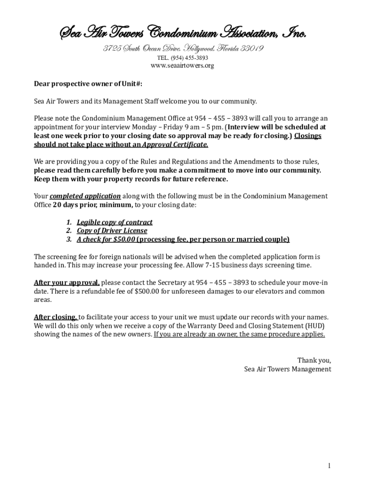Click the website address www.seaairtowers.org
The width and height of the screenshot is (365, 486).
(x=182, y=65)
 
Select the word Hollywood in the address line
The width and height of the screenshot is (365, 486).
(x=195, y=48)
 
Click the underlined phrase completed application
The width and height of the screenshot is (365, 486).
(x=85, y=196)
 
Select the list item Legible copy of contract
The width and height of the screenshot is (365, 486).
(x=115, y=222)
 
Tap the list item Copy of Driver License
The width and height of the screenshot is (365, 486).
(x=112, y=231)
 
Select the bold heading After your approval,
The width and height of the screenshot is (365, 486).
(x=66, y=283)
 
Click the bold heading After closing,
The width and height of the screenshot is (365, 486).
(x=55, y=317)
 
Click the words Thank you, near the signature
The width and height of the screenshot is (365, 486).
(x=314, y=360)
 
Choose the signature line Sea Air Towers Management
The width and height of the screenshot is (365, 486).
(x=287, y=369)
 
